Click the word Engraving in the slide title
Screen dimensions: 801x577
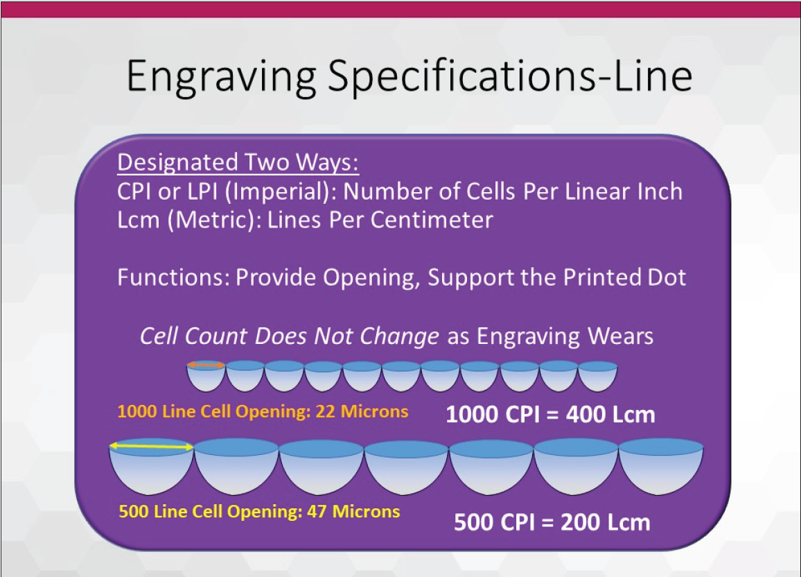[x=220, y=77]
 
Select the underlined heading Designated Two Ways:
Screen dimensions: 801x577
[x=238, y=162]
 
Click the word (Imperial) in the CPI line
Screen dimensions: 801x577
[x=280, y=191]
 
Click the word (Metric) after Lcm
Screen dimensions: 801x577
[x=213, y=221]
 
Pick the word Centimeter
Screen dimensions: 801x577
[x=432, y=220]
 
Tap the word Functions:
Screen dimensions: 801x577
[x=174, y=277]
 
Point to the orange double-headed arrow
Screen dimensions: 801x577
[x=206, y=365]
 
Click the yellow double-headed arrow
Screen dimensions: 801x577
[x=152, y=447]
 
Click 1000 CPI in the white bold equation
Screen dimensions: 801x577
[x=493, y=414]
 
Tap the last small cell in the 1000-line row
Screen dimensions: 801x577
[x=598, y=376]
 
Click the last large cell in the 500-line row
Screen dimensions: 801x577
[x=661, y=466]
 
